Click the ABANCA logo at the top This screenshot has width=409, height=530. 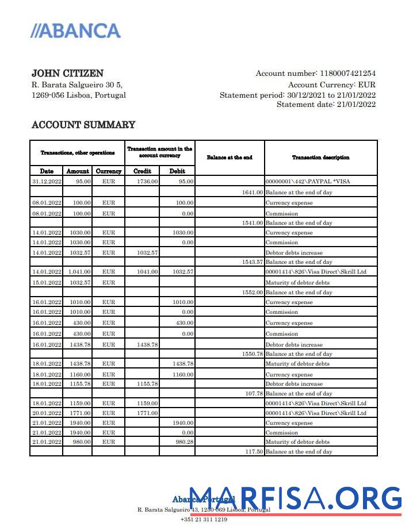tap(75, 30)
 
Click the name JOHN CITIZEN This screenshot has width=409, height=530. tap(67, 74)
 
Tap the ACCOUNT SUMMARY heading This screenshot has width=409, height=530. tap(83, 125)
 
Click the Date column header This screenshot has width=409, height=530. tap(47, 171)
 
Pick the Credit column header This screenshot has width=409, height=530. tap(142, 171)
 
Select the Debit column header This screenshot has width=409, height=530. tap(177, 171)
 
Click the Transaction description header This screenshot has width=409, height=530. tap(320, 158)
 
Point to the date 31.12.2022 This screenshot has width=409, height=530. tap(47, 182)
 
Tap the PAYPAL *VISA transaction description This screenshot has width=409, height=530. tap(307, 182)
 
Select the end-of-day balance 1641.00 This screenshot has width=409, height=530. tap(252, 193)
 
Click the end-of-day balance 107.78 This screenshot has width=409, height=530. tap(253, 394)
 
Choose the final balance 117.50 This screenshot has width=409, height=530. tap(253, 452)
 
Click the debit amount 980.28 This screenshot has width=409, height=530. tap(184, 442)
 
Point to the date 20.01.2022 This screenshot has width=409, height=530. tap(47, 413)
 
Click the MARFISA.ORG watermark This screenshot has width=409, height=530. tap(295, 498)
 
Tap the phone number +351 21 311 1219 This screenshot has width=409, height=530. tap(204, 520)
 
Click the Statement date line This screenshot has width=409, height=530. tap(326, 105)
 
